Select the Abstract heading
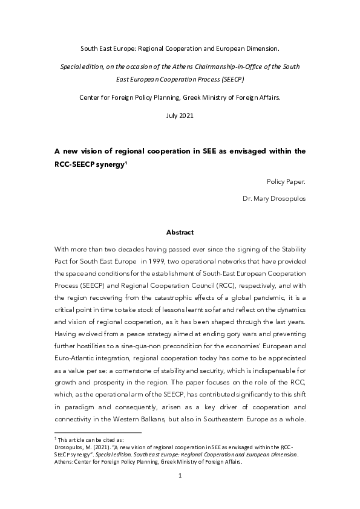pos(180,232)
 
